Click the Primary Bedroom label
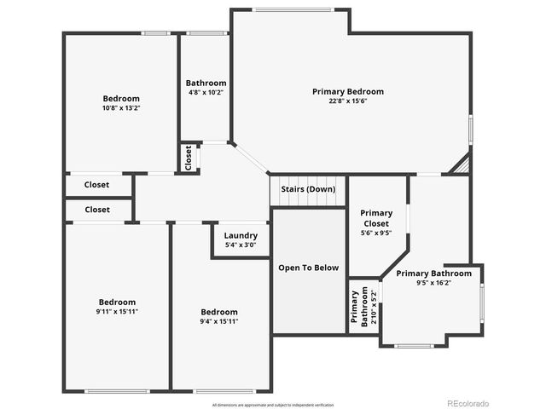(347, 91)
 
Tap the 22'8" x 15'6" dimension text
(347, 101)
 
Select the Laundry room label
(241, 236)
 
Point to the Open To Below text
(308, 268)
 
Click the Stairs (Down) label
(308, 188)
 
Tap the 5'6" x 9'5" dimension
(376, 233)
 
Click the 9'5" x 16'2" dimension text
(433, 283)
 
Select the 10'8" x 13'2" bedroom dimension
(121, 108)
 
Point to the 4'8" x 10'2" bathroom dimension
(206, 93)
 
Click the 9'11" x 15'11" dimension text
(117, 312)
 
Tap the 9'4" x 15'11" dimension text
(219, 321)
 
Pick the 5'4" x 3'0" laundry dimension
(241, 245)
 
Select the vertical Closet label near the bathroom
(189, 158)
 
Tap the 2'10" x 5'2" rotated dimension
(372, 307)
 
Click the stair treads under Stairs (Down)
(308, 201)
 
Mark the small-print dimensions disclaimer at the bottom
(273, 405)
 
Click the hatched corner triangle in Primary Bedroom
(462, 164)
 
